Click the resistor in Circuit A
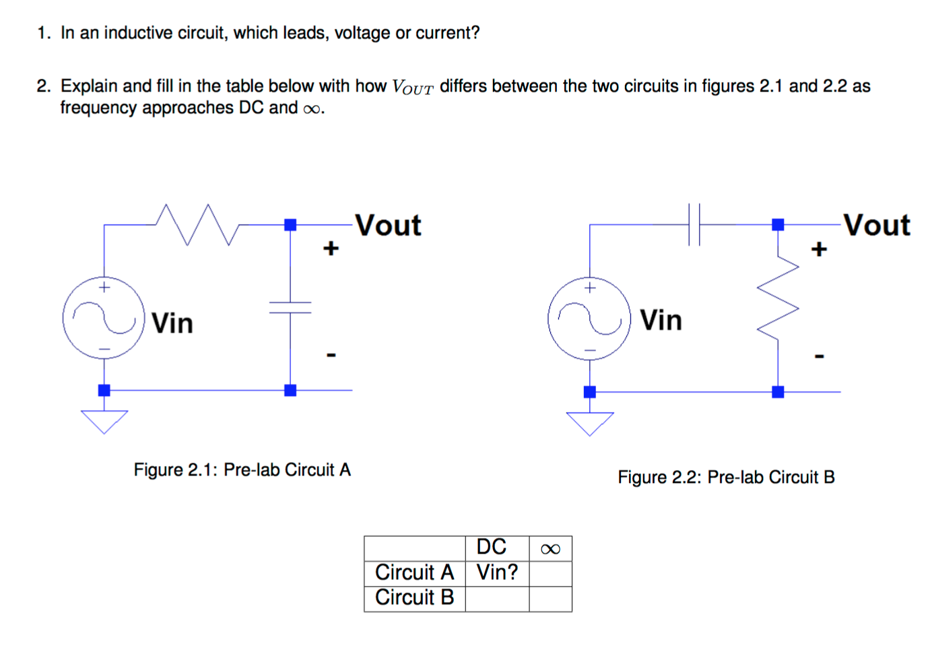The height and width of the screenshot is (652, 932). pyautogui.click(x=197, y=224)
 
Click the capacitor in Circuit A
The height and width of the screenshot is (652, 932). pyautogui.click(x=290, y=308)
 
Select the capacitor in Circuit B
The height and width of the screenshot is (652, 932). pyautogui.click(x=694, y=224)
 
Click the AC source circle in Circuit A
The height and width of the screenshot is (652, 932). pyautogui.click(x=104, y=317)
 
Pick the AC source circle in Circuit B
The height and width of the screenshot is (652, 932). pyautogui.click(x=589, y=319)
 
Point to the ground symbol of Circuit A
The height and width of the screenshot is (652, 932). pyautogui.click(x=104, y=422)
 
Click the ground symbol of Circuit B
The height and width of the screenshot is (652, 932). pyautogui.click(x=590, y=424)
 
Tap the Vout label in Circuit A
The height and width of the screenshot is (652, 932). pyautogui.click(x=388, y=225)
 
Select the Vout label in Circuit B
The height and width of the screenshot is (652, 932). pyautogui.click(x=876, y=225)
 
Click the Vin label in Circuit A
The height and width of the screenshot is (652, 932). pyautogui.click(x=172, y=323)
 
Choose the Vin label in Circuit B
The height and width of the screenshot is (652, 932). pyautogui.click(x=661, y=320)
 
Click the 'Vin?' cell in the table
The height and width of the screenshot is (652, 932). pyautogui.click(x=497, y=573)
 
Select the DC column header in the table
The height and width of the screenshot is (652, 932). pyautogui.click(x=491, y=547)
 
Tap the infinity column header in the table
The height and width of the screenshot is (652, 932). pyautogui.click(x=550, y=549)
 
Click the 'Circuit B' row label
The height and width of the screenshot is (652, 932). pyautogui.click(x=414, y=597)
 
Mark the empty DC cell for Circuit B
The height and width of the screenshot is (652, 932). pyautogui.click(x=497, y=598)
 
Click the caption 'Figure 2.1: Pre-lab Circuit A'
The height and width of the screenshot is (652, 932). pyautogui.click(x=242, y=469)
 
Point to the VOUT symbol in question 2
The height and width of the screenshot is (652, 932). pyautogui.click(x=412, y=88)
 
